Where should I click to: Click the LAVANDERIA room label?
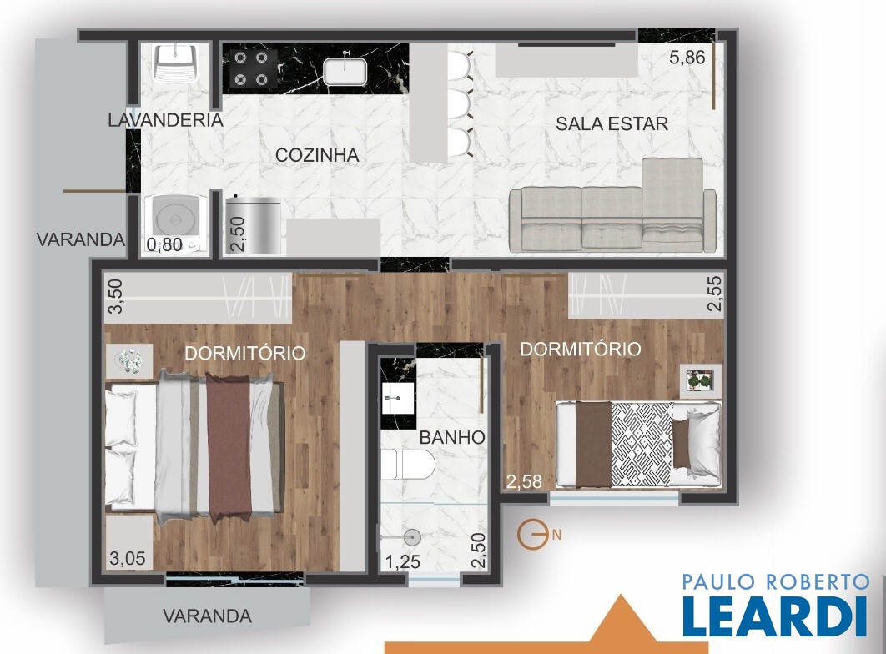point(165,120)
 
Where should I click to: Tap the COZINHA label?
point(317,155)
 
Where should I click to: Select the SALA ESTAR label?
point(612,123)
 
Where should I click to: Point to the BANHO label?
point(452,437)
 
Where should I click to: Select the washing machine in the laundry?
point(175,223)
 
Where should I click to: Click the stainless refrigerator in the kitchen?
point(253,224)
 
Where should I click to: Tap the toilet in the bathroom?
point(407,465)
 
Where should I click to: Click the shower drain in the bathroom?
point(412,537)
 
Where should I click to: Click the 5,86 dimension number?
point(687,58)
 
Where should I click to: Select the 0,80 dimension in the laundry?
point(164,244)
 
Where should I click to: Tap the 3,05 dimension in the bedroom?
point(127,559)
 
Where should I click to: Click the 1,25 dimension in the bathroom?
point(403,562)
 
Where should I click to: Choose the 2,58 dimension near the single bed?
point(524,482)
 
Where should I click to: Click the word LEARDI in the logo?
point(775,616)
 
